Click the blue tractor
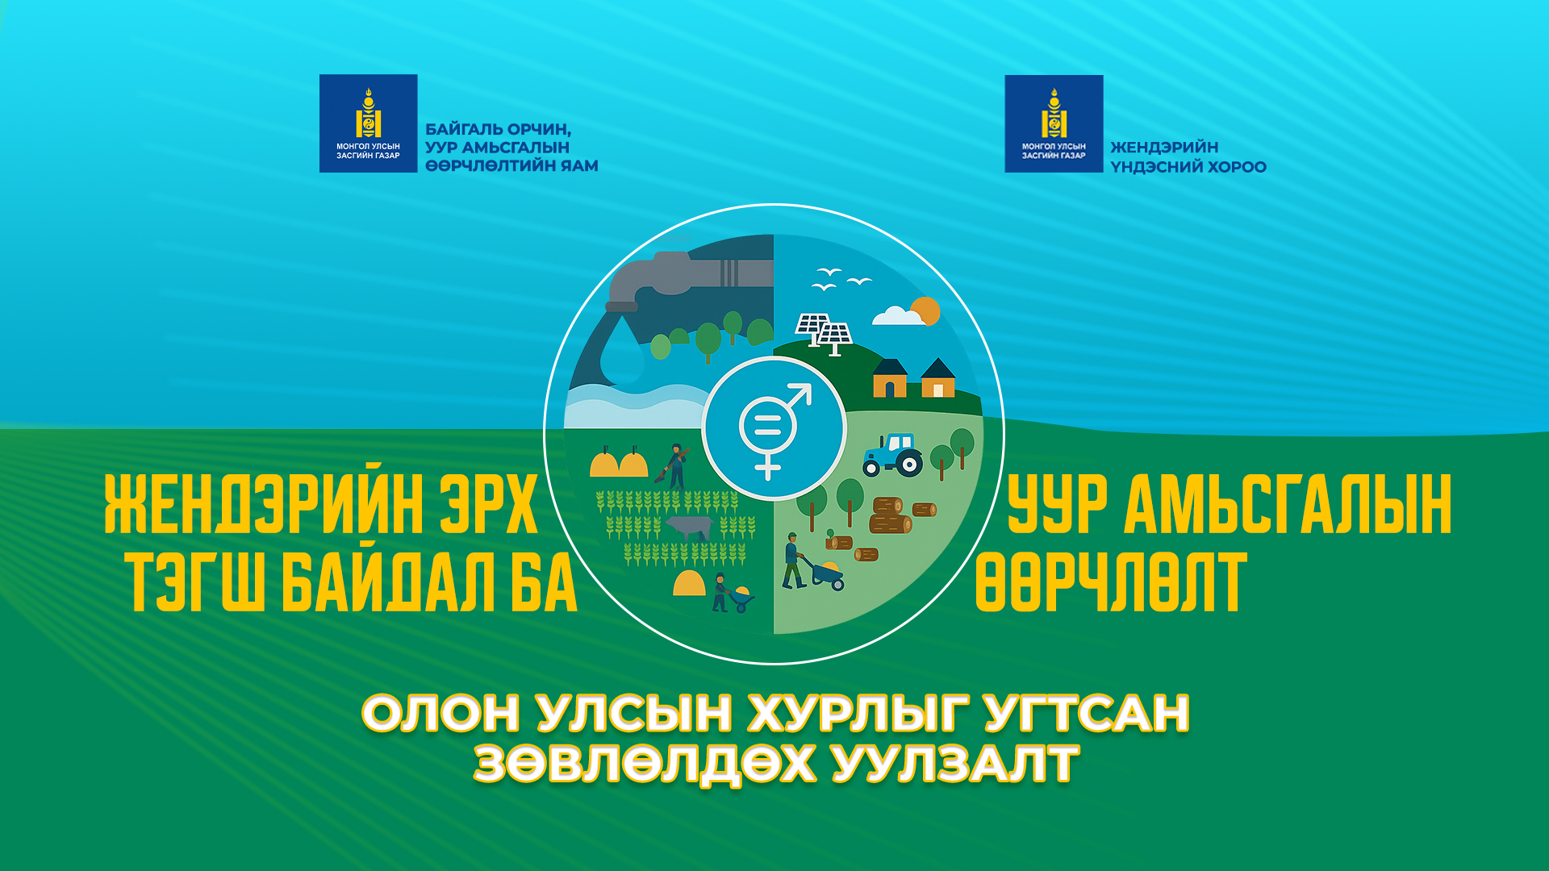[892, 455]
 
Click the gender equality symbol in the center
[773, 430]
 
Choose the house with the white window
[938, 378]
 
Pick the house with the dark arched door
[891, 378]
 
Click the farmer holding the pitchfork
[674, 466]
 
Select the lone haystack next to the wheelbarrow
[689, 583]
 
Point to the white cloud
[898, 315]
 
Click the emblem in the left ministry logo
[369, 114]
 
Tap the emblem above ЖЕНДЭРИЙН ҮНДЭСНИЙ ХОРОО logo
[1054, 114]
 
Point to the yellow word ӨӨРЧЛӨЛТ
[1111, 581]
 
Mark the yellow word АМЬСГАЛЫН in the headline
[1288, 505]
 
